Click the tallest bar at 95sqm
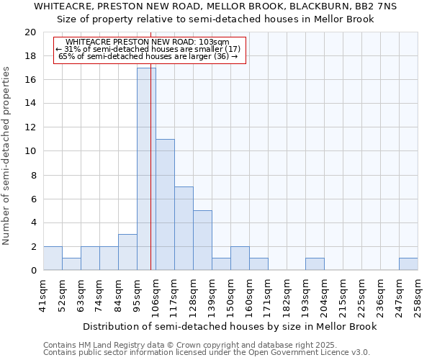[146, 169]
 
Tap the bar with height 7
[184, 228]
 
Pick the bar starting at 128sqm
[202, 240]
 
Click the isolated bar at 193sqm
[315, 264]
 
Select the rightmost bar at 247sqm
[408, 264]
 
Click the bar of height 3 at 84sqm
[127, 252]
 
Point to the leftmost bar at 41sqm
[53, 258]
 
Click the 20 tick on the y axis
[30, 32]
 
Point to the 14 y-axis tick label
[30, 104]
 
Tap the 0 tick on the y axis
[32, 271]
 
